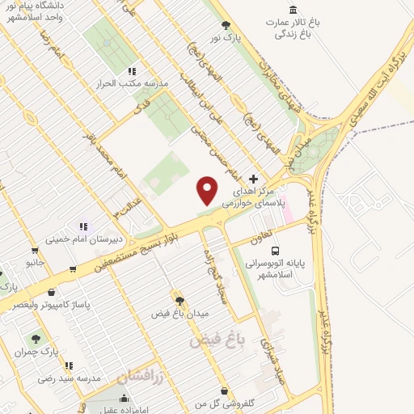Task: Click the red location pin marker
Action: pyautogui.click(x=208, y=190)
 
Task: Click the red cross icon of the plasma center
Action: pyautogui.click(x=254, y=179)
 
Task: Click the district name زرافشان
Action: pyautogui.click(x=140, y=377)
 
